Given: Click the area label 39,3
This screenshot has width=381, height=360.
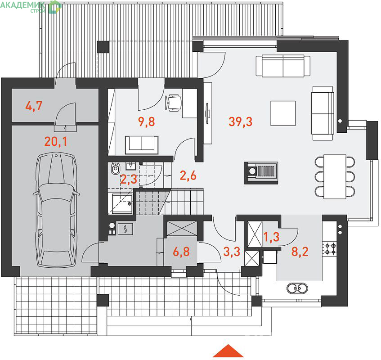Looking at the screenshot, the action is [x=240, y=121].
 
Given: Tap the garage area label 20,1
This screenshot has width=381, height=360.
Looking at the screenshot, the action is [x=56, y=141].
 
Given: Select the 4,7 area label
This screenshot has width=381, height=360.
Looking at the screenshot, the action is [x=34, y=106].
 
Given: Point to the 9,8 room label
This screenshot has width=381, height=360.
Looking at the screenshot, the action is [x=147, y=121].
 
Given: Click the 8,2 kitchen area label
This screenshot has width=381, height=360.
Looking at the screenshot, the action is [x=300, y=252].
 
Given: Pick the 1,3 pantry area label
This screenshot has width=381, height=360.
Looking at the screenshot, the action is [x=271, y=237].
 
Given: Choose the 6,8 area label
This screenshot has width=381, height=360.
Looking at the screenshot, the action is [x=181, y=252].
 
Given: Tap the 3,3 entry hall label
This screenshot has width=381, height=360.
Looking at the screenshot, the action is [x=232, y=252].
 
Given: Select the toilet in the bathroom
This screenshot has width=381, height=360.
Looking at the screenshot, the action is [x=116, y=168].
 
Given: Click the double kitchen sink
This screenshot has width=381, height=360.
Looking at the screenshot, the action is [x=297, y=288].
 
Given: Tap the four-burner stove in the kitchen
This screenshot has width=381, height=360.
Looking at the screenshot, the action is [x=330, y=249].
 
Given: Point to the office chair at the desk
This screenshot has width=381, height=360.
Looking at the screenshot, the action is [x=174, y=103].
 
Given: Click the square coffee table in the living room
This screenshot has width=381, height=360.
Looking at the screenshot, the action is [x=283, y=113].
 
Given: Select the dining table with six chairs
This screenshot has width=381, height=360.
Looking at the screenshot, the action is [x=335, y=176].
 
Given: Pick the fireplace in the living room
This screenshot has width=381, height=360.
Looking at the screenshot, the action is [x=261, y=173].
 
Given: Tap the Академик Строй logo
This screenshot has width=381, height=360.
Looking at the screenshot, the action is [x=31, y=7].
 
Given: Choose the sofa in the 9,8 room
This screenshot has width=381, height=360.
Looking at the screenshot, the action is [x=142, y=145].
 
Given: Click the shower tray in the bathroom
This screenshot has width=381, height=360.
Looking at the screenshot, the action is [x=122, y=203].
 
